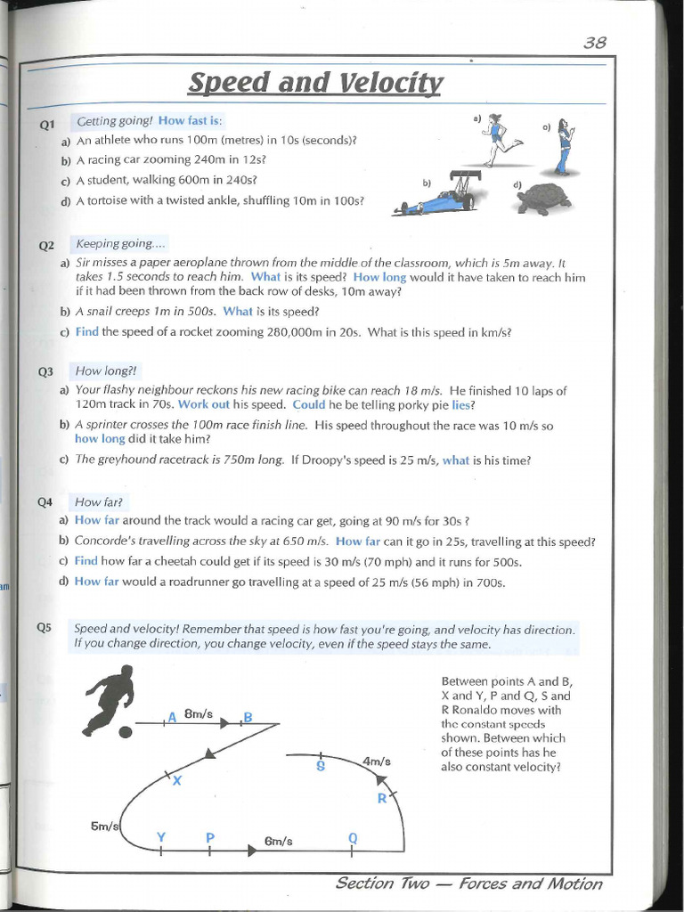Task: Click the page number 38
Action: pyautogui.click(x=595, y=43)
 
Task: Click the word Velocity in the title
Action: pyautogui.click(x=391, y=83)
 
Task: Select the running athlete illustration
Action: pyautogui.click(x=500, y=140)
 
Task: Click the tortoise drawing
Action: pyautogui.click(x=544, y=199)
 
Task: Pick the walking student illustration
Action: pyautogui.click(x=565, y=146)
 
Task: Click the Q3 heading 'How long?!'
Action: pyautogui.click(x=108, y=371)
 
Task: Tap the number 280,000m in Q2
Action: pyautogui.click(x=303, y=332)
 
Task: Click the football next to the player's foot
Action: pyautogui.click(x=126, y=731)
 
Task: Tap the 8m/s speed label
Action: pyautogui.click(x=199, y=713)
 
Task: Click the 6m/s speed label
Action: pyautogui.click(x=279, y=841)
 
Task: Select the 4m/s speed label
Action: pyautogui.click(x=377, y=761)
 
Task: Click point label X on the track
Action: pyautogui.click(x=176, y=781)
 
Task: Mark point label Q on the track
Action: pyautogui.click(x=353, y=837)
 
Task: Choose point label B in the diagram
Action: pyautogui.click(x=248, y=717)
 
